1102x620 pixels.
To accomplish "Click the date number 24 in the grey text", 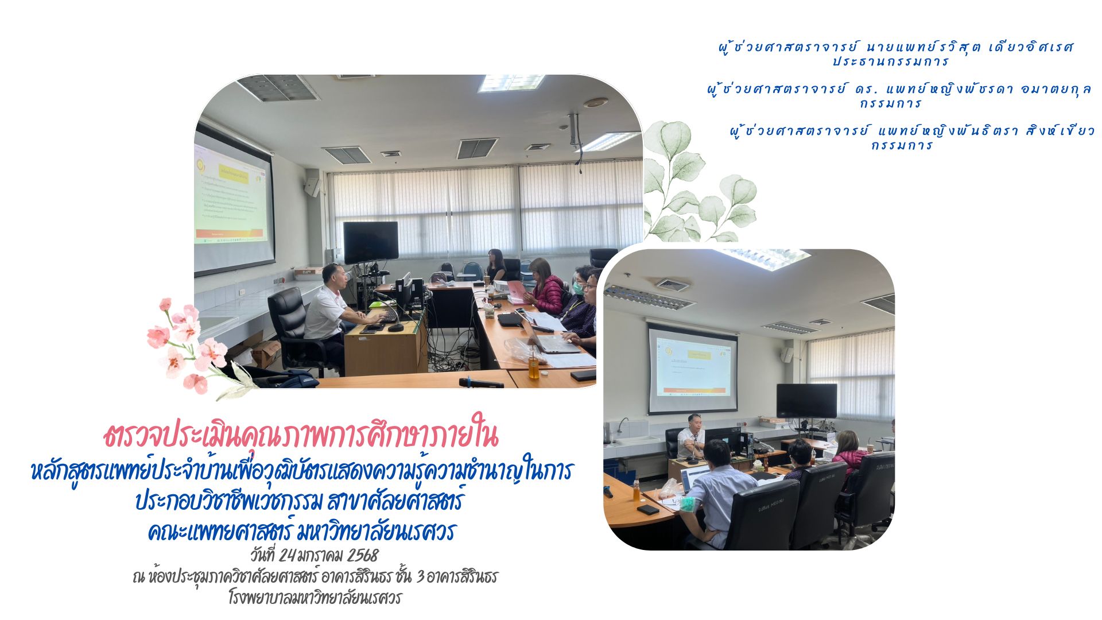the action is click(x=287, y=556).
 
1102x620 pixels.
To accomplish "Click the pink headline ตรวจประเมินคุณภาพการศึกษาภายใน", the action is click(x=301, y=436).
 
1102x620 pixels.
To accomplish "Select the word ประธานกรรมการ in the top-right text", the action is click(x=891, y=61).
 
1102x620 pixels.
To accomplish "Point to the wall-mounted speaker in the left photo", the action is click(x=312, y=187).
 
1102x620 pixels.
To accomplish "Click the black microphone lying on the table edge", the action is click(x=481, y=383).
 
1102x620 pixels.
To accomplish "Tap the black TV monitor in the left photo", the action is click(x=371, y=242).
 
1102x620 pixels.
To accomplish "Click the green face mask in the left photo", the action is click(x=579, y=288).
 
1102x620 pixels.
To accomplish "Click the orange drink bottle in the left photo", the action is click(x=534, y=366).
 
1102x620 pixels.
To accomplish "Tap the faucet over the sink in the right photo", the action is click(x=622, y=425).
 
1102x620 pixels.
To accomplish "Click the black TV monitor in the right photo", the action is click(x=806, y=401).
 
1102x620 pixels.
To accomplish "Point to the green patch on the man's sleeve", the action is click(x=688, y=503).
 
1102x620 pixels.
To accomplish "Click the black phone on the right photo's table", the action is click(x=647, y=509).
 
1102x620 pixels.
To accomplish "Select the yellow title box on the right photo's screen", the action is click(x=694, y=355).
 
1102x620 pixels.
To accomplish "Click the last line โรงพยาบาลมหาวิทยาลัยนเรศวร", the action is click(x=315, y=598).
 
